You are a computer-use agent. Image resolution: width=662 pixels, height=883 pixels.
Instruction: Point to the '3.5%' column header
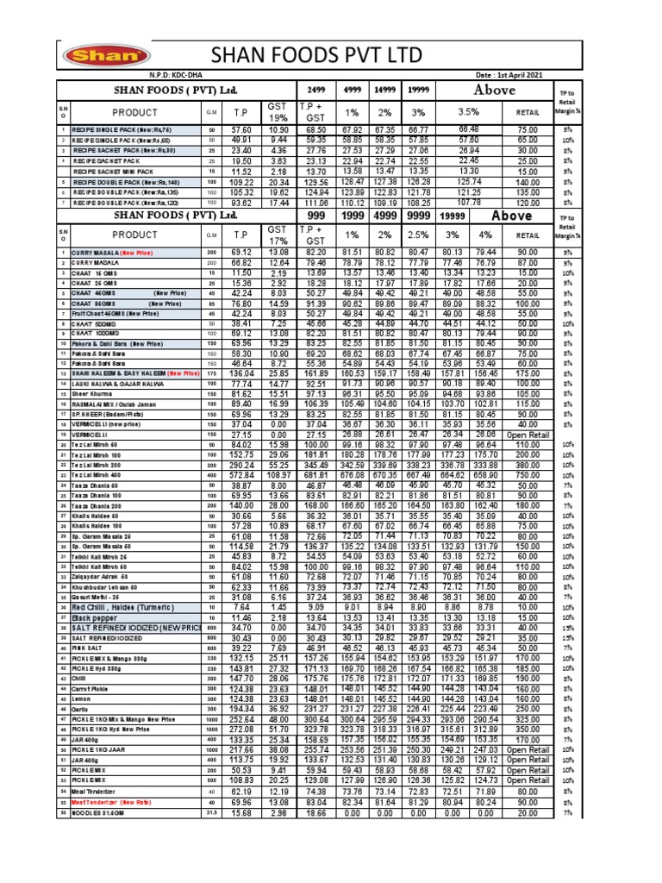click(x=469, y=111)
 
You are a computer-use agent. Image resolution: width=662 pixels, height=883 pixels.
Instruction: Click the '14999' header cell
click(x=384, y=91)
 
